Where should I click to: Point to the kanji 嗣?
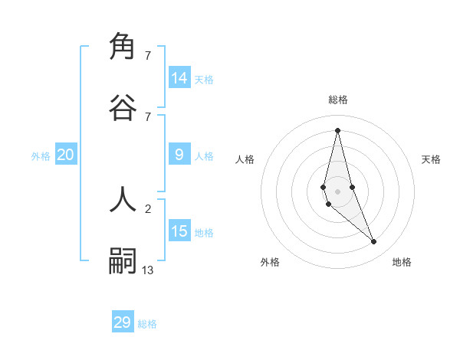(123, 260)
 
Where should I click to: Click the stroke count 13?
(148, 270)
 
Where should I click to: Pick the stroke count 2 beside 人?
(148, 208)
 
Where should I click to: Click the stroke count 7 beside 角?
(148, 56)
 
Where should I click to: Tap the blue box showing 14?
(179, 78)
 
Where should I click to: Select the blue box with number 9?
(179, 155)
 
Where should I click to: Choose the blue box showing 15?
(179, 231)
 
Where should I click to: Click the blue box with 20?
(66, 155)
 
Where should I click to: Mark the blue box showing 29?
(123, 322)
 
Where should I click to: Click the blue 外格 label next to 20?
(41, 156)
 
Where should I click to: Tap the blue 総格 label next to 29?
(147, 324)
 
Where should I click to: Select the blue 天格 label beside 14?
(204, 80)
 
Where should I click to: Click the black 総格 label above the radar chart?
(338, 100)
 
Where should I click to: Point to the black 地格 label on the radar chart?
(402, 262)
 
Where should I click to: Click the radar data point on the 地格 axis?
(373, 242)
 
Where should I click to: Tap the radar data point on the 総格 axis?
(337, 129)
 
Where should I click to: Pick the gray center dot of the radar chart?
(337, 191)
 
